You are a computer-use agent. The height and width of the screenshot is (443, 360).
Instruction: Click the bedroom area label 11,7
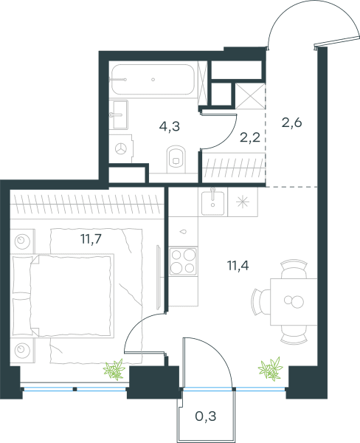click(91, 239)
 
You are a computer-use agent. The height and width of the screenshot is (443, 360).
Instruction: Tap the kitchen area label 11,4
click(238, 266)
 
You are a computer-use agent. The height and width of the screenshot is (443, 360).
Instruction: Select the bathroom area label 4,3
click(170, 126)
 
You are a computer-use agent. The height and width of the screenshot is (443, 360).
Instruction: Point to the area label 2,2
click(250, 137)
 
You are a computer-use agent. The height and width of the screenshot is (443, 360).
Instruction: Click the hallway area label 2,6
click(292, 123)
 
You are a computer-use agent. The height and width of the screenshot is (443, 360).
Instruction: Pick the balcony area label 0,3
click(206, 416)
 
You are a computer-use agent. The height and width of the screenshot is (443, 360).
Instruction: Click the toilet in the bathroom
click(176, 159)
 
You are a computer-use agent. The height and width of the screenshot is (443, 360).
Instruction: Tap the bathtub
click(153, 80)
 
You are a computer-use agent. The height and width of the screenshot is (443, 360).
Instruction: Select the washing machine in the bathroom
click(121, 148)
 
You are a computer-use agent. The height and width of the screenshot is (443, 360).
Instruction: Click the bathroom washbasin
click(119, 114)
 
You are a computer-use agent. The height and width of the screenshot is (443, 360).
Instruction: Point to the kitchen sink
click(213, 203)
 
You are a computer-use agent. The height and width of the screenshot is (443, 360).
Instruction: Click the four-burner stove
click(183, 261)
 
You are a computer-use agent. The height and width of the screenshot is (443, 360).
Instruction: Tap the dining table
click(294, 302)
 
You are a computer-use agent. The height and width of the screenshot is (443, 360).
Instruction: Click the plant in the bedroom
click(114, 369)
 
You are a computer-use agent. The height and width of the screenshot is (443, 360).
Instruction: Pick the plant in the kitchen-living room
click(271, 368)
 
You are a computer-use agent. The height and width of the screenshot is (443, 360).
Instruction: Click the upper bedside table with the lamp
click(23, 241)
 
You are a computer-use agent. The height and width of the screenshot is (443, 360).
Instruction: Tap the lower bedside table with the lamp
click(23, 350)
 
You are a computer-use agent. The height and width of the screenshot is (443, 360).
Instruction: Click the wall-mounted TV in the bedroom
click(159, 278)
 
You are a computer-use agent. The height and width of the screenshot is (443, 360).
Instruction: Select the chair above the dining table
click(294, 270)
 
